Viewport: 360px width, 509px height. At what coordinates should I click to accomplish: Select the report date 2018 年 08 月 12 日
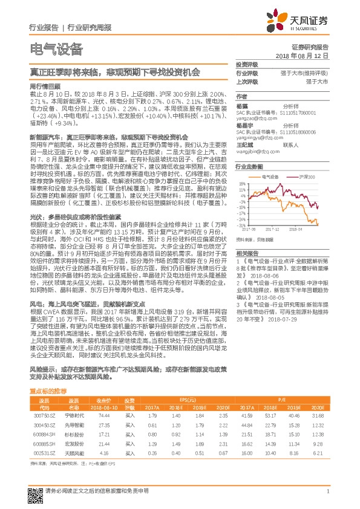[x=310, y=54]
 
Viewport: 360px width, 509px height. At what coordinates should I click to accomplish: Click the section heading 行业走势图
[x=249, y=165]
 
